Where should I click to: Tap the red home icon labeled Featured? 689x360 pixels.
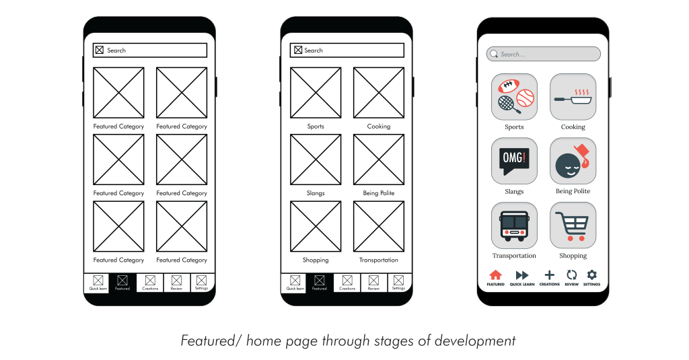point(495,275)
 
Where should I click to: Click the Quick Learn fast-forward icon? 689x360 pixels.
point(522,275)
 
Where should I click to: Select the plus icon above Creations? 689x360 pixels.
point(549,275)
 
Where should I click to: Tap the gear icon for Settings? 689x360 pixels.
point(592,275)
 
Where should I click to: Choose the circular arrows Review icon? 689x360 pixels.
point(571,275)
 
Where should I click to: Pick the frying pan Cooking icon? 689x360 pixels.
point(573,98)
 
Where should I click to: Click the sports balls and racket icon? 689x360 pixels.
point(515,97)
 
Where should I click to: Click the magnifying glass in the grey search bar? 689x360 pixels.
point(494,54)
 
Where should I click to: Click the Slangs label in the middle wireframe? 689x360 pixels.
point(316,193)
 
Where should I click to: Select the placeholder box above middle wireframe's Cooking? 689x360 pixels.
point(379,93)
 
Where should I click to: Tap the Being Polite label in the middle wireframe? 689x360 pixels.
point(379,193)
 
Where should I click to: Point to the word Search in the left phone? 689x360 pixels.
point(116,50)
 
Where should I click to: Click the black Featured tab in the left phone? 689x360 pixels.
point(122,283)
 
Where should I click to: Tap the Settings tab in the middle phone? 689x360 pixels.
point(399,283)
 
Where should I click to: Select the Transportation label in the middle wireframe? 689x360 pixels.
point(379,260)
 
